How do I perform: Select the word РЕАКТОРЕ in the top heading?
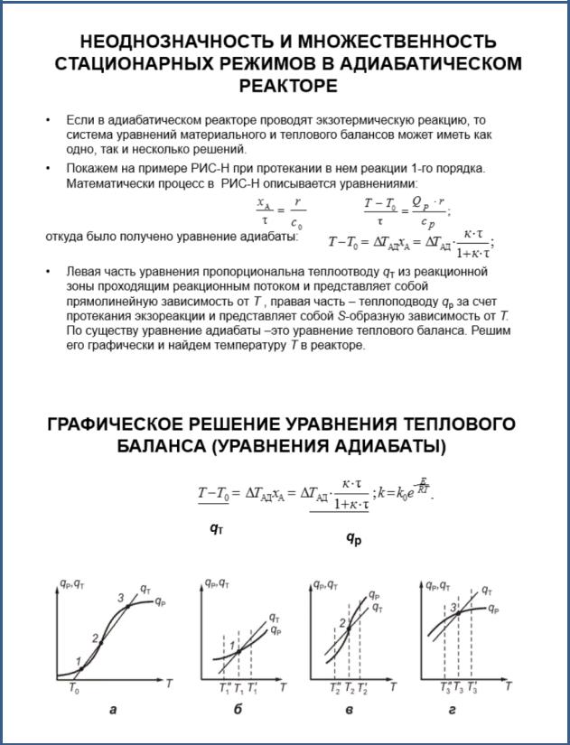coord(288,86)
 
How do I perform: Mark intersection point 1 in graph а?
coord(80,668)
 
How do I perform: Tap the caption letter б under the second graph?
coord(238,710)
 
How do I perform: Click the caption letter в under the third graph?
coord(349,710)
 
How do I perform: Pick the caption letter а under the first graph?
coord(113,710)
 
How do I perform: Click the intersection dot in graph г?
coord(459,613)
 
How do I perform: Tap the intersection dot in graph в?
coord(348,629)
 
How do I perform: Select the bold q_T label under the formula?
coord(216,530)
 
